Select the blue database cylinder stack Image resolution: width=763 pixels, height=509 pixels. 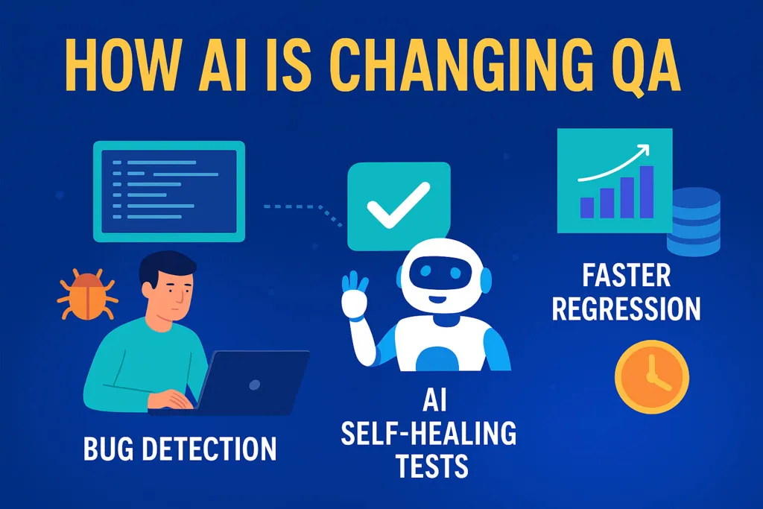(697, 221)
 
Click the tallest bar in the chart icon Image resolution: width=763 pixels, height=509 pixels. (647, 192)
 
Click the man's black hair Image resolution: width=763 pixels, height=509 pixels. (168, 265)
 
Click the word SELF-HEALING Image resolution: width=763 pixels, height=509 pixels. (428, 434)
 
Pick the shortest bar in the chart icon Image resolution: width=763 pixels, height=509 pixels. (586, 208)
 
